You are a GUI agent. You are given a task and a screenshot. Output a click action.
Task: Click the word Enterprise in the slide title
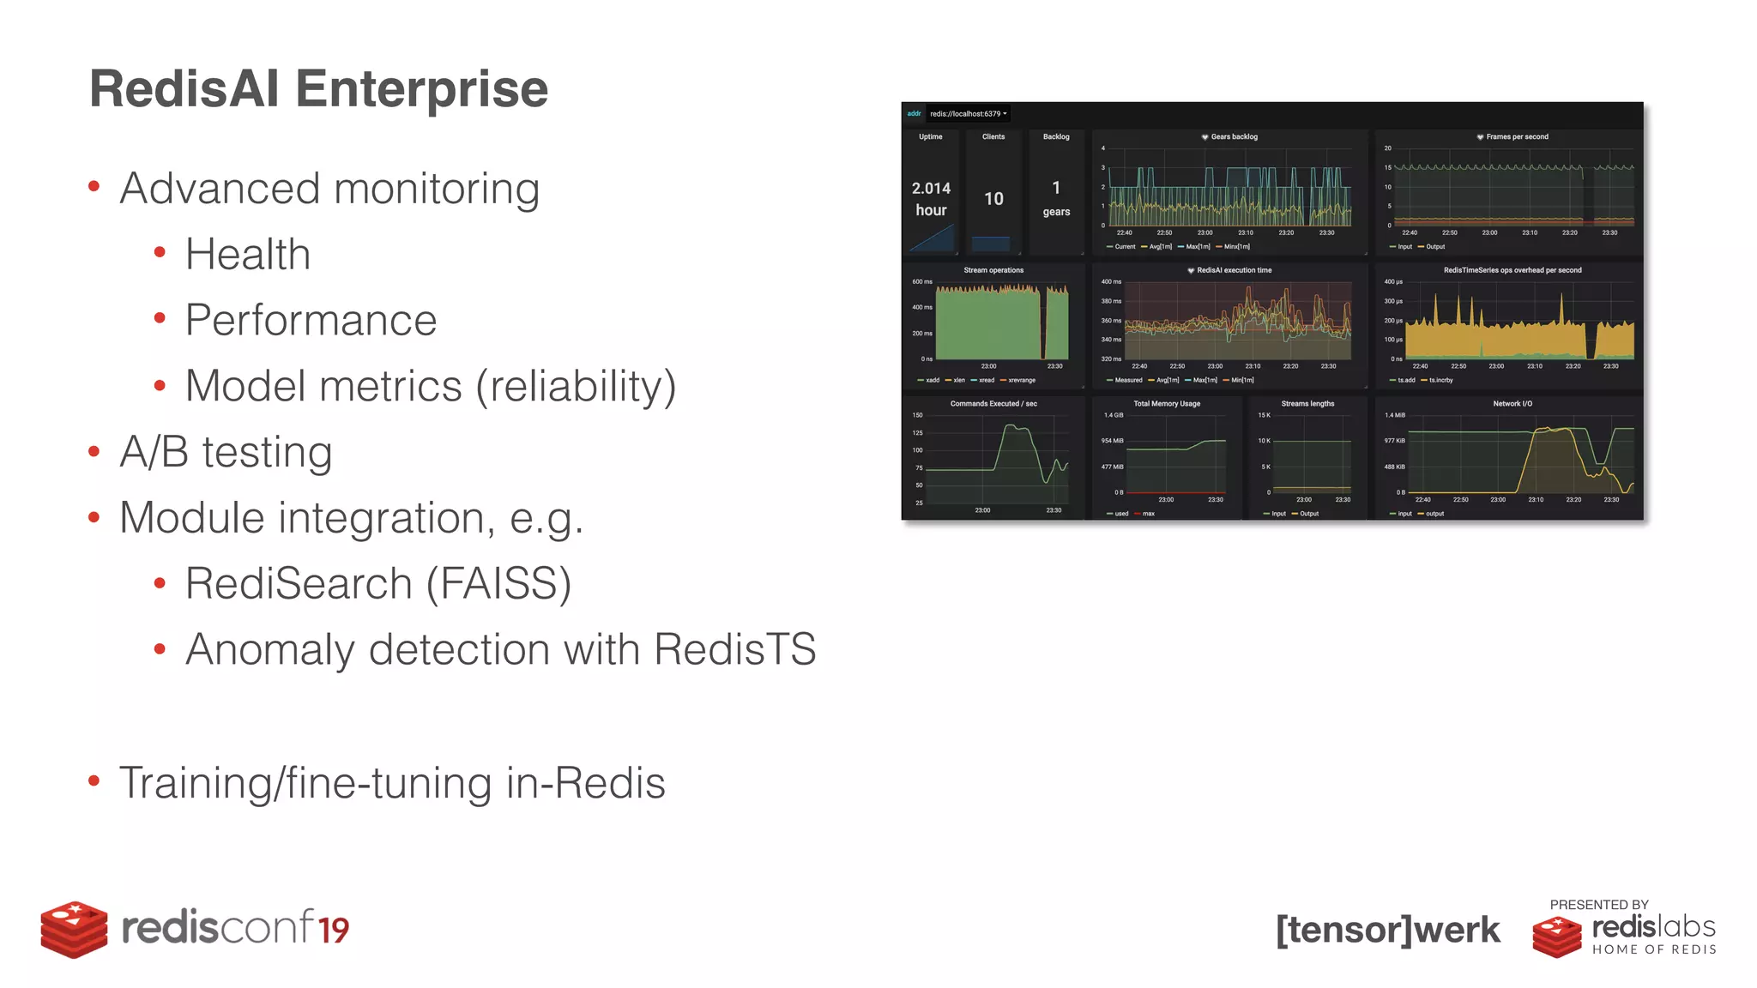pyautogui.click(x=421, y=89)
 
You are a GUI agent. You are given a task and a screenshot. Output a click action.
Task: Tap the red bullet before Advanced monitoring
pyautogui.click(x=94, y=187)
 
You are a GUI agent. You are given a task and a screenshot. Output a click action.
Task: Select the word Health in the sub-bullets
pyautogui.click(x=247, y=255)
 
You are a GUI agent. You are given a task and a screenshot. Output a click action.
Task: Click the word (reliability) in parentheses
pyautogui.click(x=576, y=387)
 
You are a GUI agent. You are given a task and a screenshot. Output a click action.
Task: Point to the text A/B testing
pyautogui.click(x=226, y=452)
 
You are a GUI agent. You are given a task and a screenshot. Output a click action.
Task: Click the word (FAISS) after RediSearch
pyautogui.click(x=498, y=584)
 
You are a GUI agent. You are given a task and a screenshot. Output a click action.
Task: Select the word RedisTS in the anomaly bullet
pyautogui.click(x=734, y=649)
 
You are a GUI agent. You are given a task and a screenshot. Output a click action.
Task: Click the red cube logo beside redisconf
pyautogui.click(x=74, y=929)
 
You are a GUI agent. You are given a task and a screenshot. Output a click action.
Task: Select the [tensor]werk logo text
pyautogui.click(x=1387, y=930)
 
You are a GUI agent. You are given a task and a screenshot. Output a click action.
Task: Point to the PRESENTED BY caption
pyautogui.click(x=1598, y=905)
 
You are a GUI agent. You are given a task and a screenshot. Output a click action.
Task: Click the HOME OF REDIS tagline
pyautogui.click(x=1654, y=949)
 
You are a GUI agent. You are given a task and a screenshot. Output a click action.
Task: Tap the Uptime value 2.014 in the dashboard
pyautogui.click(x=931, y=189)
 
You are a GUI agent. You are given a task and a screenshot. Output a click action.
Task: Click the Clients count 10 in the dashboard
pyautogui.click(x=993, y=199)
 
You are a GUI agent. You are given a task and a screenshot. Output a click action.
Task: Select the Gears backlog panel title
pyautogui.click(x=1234, y=137)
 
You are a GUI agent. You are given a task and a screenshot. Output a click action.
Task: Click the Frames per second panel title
pyautogui.click(x=1517, y=137)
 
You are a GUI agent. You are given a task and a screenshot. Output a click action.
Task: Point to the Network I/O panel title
pyautogui.click(x=1512, y=404)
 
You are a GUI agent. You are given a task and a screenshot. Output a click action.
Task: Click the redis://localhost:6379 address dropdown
pyautogui.click(x=968, y=114)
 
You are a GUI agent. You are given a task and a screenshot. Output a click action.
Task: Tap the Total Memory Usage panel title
pyautogui.click(x=1166, y=404)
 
